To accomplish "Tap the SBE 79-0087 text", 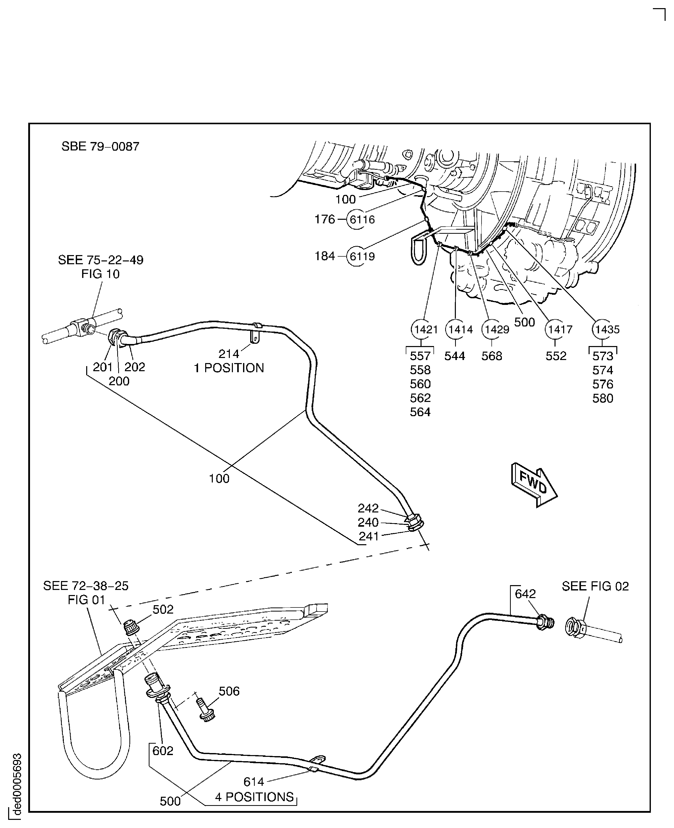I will pyautogui.click(x=100, y=146).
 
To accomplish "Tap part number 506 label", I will pyautogui.click(x=229, y=691).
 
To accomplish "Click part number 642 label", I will pyautogui.click(x=525, y=594).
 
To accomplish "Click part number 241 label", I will pyautogui.click(x=368, y=536).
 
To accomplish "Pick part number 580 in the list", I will pyautogui.click(x=603, y=398).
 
